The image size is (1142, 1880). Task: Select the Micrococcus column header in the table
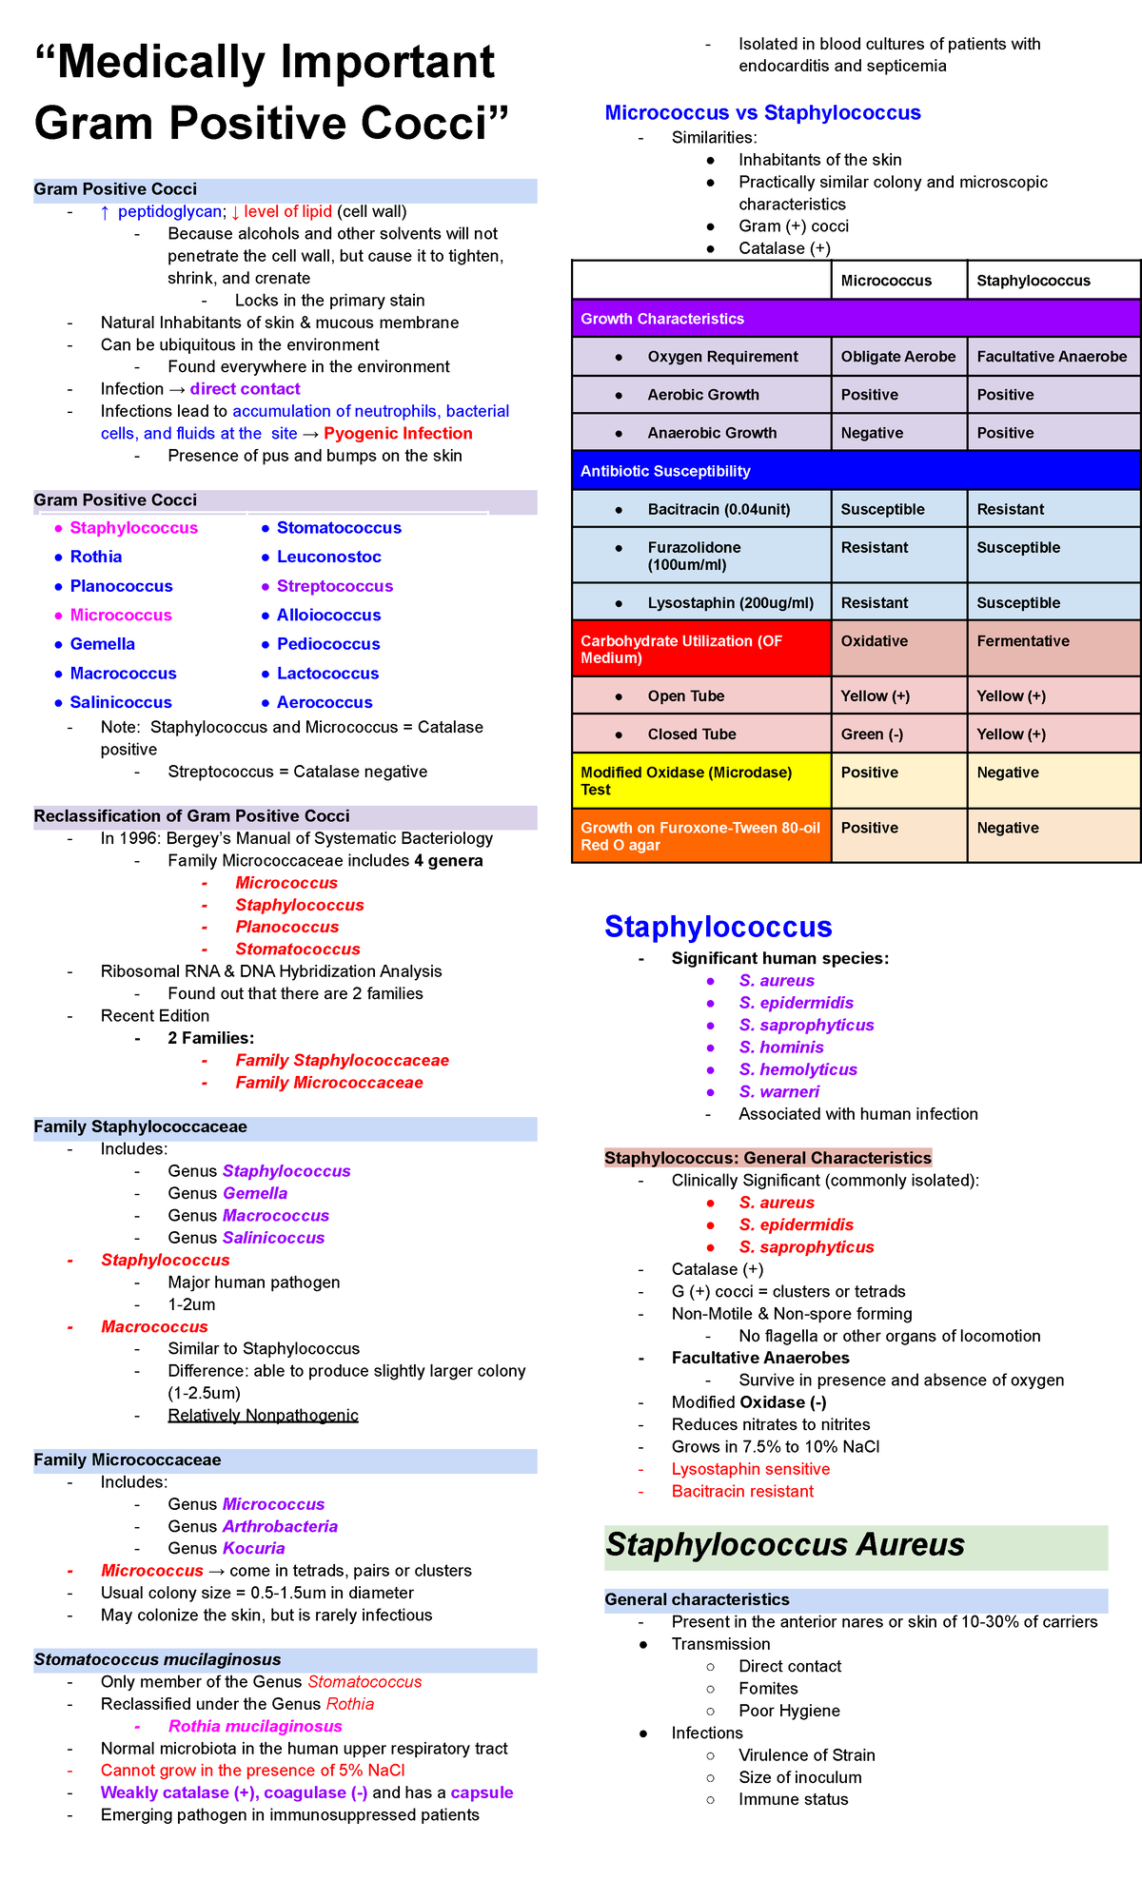pos(886,281)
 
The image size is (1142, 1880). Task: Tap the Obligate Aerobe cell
pos(897,357)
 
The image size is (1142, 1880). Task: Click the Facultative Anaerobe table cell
pos(1051,357)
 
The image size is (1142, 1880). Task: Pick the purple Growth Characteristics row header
pos(662,319)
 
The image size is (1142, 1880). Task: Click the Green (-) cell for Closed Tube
pos(872,734)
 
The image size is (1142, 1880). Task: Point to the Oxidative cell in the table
pos(874,641)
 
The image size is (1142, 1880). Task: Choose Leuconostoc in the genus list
pos(328,557)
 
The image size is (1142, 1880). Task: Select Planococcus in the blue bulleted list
pos(121,586)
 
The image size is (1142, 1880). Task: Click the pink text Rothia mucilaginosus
pos(255,1726)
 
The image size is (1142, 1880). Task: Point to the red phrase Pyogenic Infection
pos(398,434)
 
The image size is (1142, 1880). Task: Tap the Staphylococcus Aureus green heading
pos(785,1545)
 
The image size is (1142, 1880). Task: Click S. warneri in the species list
pos(778,1092)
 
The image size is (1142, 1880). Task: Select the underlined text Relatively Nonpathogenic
pos(263,1416)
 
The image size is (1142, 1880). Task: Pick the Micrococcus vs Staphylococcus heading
pos(762,113)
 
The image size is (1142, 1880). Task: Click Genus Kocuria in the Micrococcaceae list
pos(226,1549)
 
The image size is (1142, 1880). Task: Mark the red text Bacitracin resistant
pos(742,1492)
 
